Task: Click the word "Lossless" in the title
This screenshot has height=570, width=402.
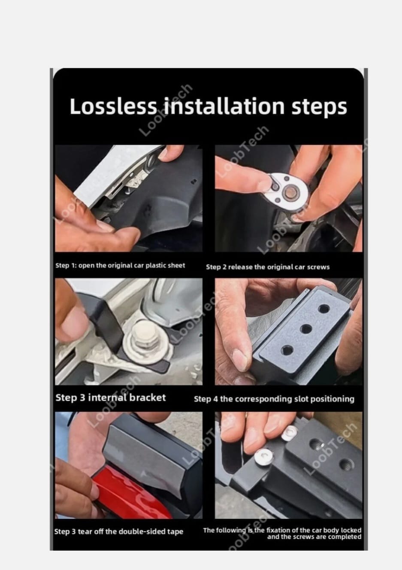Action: click(113, 106)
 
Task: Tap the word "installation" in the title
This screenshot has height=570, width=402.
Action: click(224, 106)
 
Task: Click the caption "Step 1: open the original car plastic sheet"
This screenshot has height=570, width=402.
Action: click(120, 265)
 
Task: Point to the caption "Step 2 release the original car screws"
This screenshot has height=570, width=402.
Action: click(268, 267)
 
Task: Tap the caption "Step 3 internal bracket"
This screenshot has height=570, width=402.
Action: click(110, 397)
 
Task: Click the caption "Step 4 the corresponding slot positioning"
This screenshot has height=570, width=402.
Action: click(274, 399)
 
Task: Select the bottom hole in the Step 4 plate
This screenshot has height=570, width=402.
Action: click(287, 351)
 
